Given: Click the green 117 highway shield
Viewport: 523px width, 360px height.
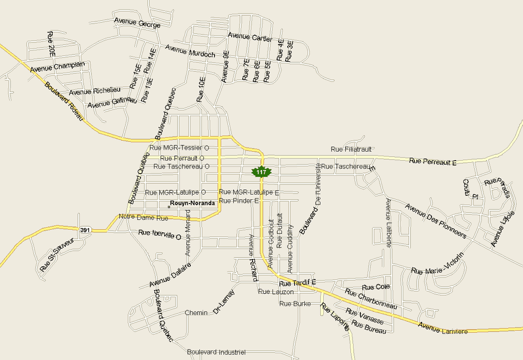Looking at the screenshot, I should click(x=261, y=172).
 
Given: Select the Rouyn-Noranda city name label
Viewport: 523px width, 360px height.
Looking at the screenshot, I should click(x=192, y=203).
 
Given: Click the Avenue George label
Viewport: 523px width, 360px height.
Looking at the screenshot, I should click(x=137, y=23).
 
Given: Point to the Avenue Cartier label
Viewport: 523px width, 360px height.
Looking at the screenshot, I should click(x=249, y=37).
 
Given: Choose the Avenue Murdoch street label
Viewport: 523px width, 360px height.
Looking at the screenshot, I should click(x=190, y=51).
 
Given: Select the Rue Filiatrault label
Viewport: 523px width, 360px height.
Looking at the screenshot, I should click(x=351, y=150).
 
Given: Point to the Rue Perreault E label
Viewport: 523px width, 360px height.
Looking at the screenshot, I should click(x=433, y=162).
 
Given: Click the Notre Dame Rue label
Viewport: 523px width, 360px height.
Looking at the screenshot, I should click(x=143, y=217).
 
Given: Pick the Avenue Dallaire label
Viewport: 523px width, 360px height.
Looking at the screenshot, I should click(x=170, y=275).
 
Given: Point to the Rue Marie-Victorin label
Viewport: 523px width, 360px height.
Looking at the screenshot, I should click(x=438, y=264).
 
